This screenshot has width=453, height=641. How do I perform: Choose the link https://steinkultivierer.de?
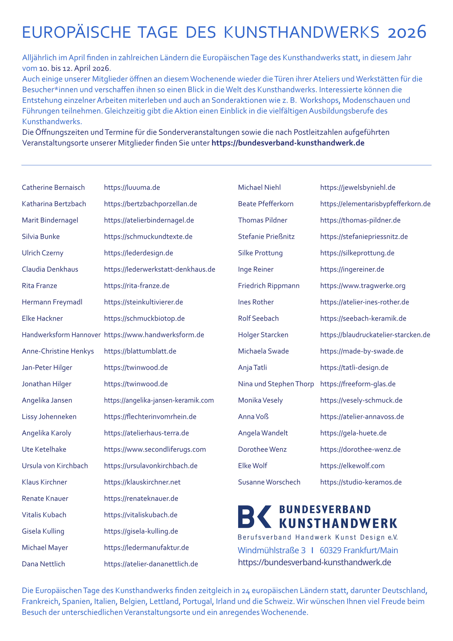143,302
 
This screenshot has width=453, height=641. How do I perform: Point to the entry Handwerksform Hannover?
61,335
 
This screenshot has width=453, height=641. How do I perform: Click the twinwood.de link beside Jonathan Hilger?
136,384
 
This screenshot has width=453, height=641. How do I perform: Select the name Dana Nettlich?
43,564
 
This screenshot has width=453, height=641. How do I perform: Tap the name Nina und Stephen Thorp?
276,384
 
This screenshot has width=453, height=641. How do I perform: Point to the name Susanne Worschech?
269,482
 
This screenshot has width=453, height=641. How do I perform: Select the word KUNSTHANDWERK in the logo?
338,524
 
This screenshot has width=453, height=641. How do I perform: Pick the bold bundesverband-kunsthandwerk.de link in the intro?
288,143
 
